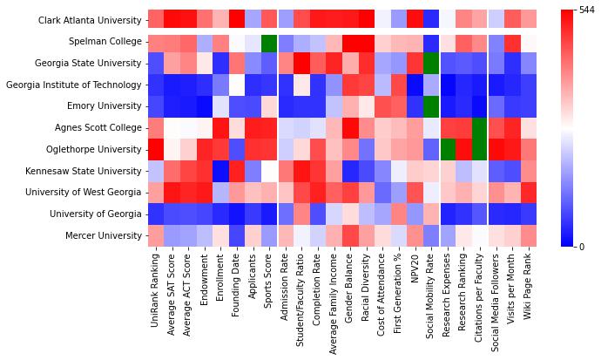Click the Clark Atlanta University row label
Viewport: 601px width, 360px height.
(91, 20)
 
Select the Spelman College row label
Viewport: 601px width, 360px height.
(105, 42)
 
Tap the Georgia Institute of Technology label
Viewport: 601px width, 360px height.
(74, 85)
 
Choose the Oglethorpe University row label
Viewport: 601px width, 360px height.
(95, 149)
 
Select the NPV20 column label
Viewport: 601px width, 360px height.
(415, 271)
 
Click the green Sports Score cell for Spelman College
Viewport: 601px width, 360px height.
(269, 42)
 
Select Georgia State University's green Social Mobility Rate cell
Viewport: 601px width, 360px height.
(431, 63)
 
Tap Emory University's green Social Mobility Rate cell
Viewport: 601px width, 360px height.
(431, 106)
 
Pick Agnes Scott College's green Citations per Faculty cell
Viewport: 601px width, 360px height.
(480, 127)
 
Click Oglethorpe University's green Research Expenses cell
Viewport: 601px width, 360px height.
(448, 149)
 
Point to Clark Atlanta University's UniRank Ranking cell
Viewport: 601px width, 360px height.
(156, 20)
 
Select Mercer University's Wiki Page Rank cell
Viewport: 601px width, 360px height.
(529, 235)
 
